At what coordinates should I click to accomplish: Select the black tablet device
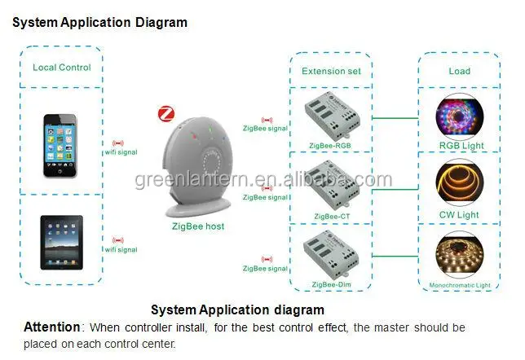[64, 243]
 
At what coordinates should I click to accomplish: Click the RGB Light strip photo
[460, 116]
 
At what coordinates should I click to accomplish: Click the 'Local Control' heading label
[62, 68]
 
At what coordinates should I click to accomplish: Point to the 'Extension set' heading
[331, 71]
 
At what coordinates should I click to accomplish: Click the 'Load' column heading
[459, 71]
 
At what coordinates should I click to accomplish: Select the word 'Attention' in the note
[52, 327]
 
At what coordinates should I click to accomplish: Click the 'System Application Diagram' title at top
[99, 23]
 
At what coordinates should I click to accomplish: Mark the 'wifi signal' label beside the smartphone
[121, 151]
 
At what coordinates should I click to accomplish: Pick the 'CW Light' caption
[460, 215]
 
